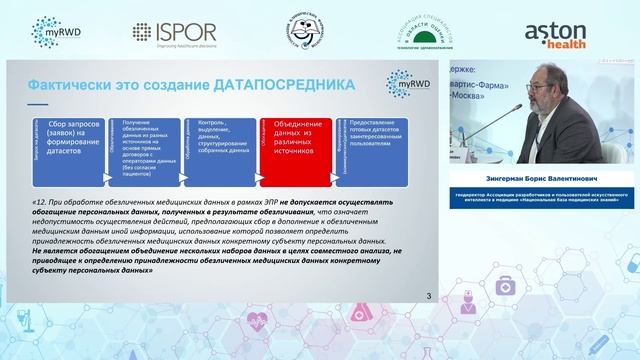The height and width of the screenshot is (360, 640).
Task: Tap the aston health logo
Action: (562, 31)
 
